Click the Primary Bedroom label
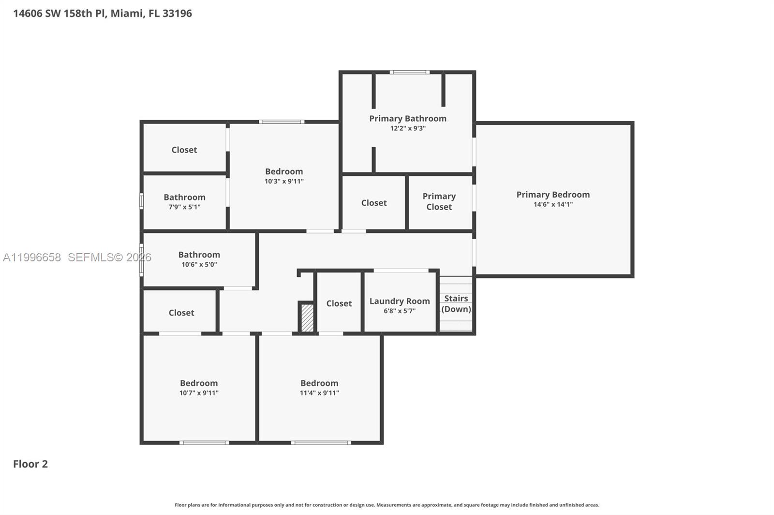pyautogui.click(x=553, y=195)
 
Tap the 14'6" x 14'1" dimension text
pyautogui.click(x=553, y=204)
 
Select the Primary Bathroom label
pyautogui.click(x=408, y=118)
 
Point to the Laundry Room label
pyautogui.click(x=400, y=301)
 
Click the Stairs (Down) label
pyautogui.click(x=456, y=304)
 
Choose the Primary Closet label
pyautogui.click(x=439, y=201)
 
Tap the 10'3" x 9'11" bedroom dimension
pyautogui.click(x=284, y=182)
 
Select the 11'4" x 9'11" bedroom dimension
pyautogui.click(x=319, y=393)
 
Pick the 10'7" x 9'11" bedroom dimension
pyautogui.click(x=199, y=393)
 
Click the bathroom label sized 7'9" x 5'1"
pyautogui.click(x=184, y=197)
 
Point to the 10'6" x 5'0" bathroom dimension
pyautogui.click(x=199, y=265)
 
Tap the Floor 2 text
pyautogui.click(x=30, y=464)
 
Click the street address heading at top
pyautogui.click(x=103, y=14)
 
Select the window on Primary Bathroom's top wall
pyautogui.click(x=410, y=72)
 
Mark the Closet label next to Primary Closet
pyautogui.click(x=374, y=203)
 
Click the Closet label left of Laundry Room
pyautogui.click(x=339, y=303)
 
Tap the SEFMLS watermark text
pyautogui.click(x=109, y=257)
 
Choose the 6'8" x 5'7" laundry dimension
pyautogui.click(x=400, y=311)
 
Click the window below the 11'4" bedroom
pyautogui.click(x=321, y=443)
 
